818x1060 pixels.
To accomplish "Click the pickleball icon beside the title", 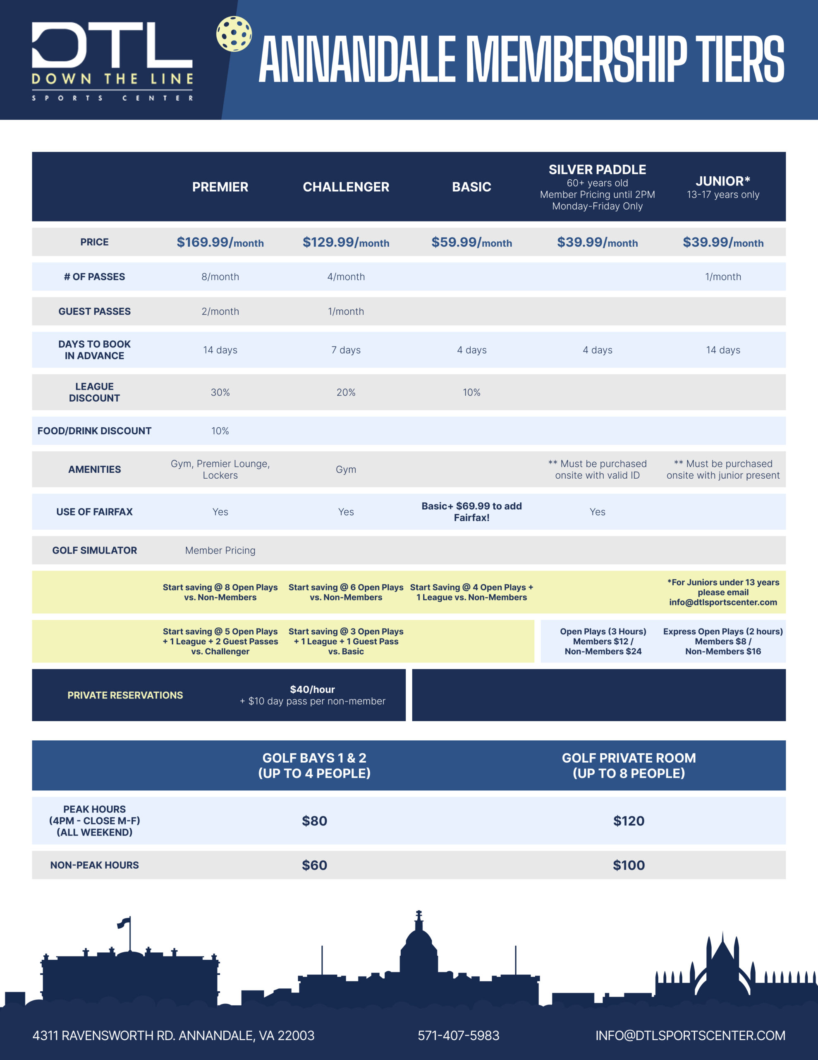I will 234,34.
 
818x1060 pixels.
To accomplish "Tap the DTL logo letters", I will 112,45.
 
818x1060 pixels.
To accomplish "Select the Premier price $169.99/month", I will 220,242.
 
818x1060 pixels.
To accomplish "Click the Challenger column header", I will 346,187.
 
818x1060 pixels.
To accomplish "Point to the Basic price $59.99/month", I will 471,242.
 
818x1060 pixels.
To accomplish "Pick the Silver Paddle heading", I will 597,170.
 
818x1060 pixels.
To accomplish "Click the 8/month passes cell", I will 220,277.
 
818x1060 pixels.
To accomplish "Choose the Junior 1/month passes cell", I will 722,277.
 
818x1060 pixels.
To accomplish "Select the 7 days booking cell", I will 346,350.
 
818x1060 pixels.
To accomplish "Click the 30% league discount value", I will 220,392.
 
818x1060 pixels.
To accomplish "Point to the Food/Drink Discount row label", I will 95,431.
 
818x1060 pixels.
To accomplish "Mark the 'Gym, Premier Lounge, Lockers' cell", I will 220,469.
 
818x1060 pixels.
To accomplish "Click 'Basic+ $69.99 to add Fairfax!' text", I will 471,511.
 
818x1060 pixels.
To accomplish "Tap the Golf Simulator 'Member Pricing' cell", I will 220,550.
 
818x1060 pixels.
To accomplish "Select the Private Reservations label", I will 125,695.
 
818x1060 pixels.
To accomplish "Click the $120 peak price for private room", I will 629,821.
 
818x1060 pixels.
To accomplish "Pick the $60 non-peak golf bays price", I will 314,865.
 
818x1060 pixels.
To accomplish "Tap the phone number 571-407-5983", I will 458,1035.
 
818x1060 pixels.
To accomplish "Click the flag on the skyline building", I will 124,922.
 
